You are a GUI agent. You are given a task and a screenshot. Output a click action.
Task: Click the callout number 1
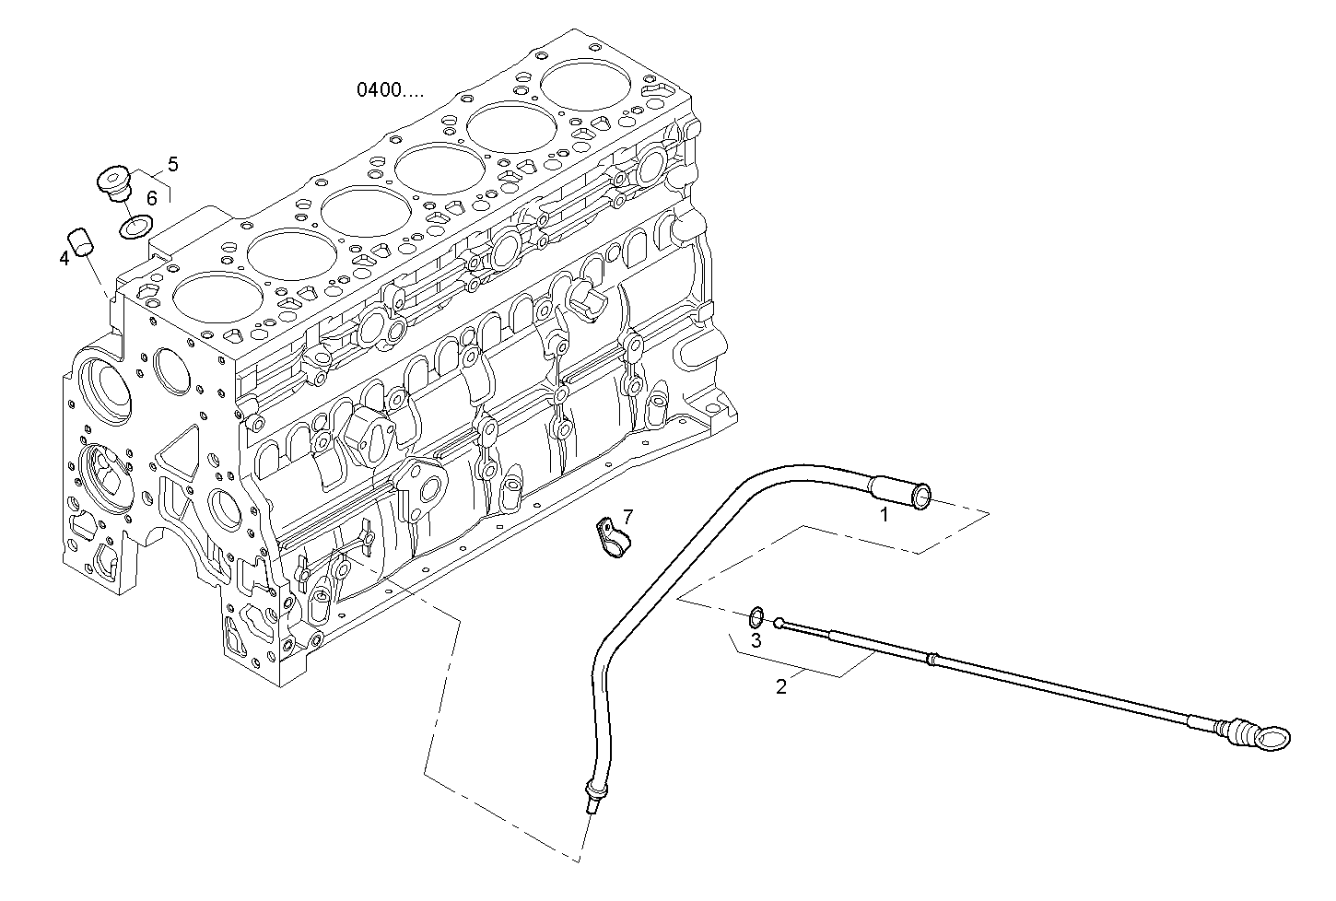click(x=884, y=515)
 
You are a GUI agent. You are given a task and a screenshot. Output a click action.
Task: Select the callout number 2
click(x=781, y=686)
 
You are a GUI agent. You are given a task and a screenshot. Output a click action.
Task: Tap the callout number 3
click(x=756, y=640)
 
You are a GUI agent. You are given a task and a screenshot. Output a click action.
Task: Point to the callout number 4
click(x=64, y=259)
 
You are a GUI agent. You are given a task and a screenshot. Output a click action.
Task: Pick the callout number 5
click(x=172, y=165)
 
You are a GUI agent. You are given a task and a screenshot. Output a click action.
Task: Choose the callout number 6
click(x=152, y=197)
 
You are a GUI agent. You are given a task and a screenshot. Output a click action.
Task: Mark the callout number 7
click(x=627, y=516)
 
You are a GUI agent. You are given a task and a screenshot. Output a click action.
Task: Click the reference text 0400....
click(x=391, y=90)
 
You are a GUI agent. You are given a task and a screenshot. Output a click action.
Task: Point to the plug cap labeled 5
click(x=115, y=180)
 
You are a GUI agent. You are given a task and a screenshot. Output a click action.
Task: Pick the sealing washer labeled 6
click(x=137, y=225)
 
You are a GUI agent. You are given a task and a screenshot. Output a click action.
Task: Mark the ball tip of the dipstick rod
click(x=779, y=624)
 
